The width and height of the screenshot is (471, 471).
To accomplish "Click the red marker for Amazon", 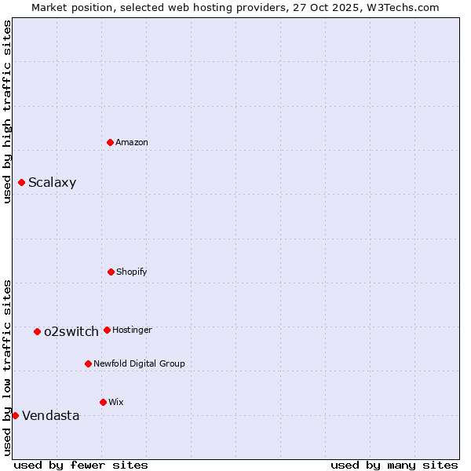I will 111,142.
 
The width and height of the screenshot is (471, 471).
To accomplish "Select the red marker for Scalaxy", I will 21,183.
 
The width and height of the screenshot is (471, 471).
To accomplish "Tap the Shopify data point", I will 111,272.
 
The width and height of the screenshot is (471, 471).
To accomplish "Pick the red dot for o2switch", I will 37,331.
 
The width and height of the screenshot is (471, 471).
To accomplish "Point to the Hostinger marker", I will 107,330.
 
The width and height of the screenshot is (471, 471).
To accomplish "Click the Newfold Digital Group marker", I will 88,363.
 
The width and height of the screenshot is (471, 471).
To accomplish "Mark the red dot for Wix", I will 103,402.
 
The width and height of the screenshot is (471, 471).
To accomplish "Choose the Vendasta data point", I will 15,415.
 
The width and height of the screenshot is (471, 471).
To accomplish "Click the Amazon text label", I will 132,142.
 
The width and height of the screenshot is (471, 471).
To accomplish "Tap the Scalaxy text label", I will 53,183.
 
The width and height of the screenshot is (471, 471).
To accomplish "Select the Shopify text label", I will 132,272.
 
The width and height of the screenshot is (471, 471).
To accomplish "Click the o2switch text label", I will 71,331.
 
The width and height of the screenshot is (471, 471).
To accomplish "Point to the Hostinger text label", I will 132,330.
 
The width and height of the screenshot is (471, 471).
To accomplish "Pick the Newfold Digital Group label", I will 139,363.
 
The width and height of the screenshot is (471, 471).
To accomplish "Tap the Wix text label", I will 116,402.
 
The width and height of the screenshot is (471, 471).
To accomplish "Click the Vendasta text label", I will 51,415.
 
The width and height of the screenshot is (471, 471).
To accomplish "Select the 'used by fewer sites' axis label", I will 81,465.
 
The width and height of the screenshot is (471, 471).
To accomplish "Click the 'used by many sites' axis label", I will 394,465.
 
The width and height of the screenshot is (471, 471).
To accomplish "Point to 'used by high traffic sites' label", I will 7,111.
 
